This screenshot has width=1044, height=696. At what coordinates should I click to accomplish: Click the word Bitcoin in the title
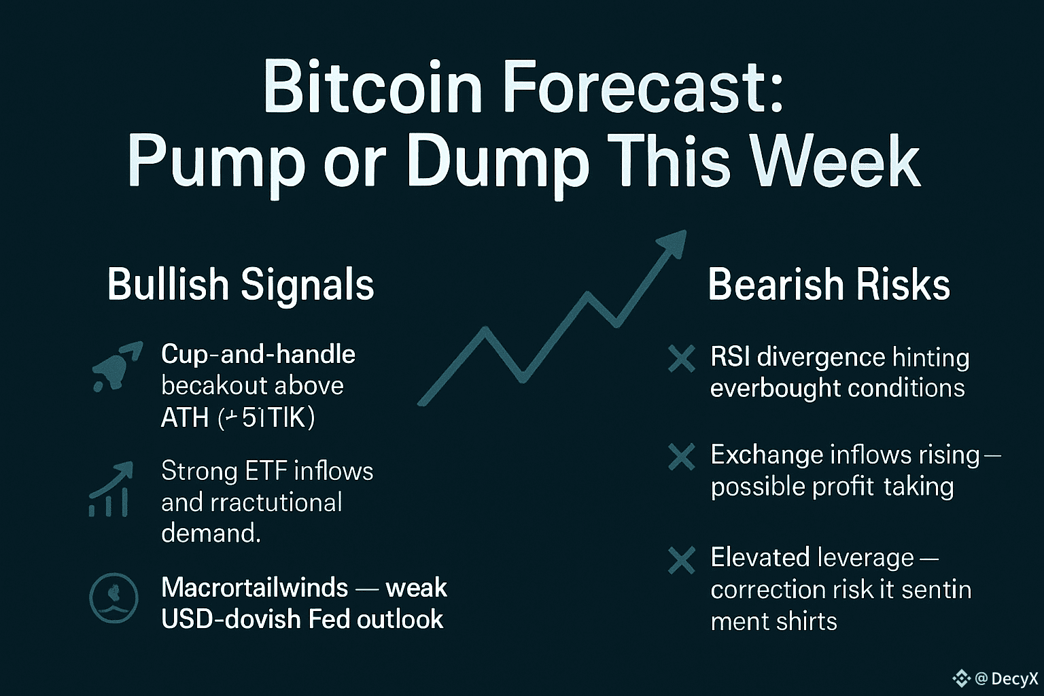point(372,87)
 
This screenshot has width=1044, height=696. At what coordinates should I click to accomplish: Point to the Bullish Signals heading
point(241,284)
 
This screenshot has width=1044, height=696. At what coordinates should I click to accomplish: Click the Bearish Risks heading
point(829,284)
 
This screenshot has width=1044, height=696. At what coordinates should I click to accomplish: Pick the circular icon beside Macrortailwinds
point(114,599)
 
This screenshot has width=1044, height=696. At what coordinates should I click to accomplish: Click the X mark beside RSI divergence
point(681,359)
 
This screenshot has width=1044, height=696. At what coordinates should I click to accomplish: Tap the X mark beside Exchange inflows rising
point(681,457)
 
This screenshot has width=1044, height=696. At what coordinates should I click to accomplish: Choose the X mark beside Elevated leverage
point(681,561)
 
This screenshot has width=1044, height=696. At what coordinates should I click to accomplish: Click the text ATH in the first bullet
point(184,417)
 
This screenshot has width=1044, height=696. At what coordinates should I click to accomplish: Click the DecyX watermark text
point(1014,678)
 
